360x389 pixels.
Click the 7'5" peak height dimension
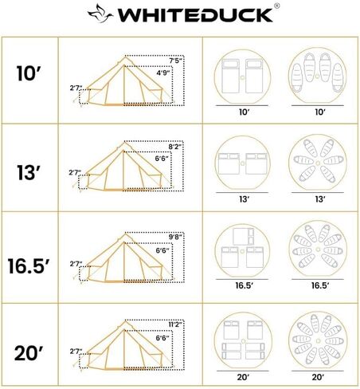[x=176, y=61]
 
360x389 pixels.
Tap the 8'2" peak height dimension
[x=176, y=147]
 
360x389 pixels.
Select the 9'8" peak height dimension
[x=176, y=237]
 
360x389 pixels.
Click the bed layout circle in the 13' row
[x=245, y=164]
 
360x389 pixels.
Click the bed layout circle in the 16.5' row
[x=245, y=253]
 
